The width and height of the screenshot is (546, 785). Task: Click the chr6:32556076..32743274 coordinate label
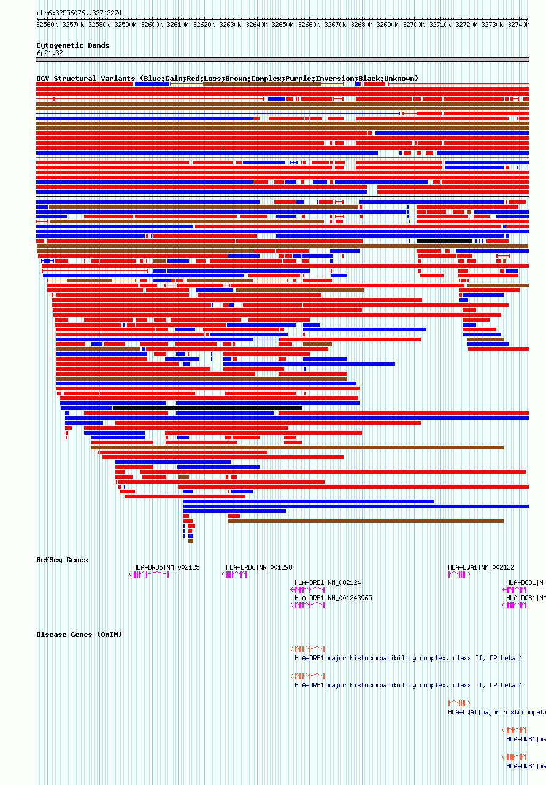click(79, 13)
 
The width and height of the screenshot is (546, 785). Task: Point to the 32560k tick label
click(47, 25)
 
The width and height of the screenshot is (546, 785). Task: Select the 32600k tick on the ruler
click(152, 25)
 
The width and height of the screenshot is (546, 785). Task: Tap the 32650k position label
click(283, 25)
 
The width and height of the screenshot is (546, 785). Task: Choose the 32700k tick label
click(414, 25)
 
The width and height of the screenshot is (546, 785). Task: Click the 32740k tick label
click(518, 25)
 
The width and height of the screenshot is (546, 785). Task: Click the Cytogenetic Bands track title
click(72, 45)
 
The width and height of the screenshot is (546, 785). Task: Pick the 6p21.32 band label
click(50, 53)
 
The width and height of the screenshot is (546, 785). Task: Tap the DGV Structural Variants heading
click(227, 79)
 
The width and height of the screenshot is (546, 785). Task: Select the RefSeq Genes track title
click(62, 560)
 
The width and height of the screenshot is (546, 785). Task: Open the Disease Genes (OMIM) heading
click(79, 635)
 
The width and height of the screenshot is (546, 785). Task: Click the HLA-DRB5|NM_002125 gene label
click(166, 567)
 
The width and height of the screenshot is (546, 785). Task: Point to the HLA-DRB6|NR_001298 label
click(259, 567)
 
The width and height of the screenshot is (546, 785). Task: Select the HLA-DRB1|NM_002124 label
click(328, 582)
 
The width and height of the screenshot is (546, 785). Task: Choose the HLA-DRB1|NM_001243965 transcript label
click(333, 598)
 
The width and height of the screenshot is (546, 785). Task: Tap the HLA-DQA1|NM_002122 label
click(481, 567)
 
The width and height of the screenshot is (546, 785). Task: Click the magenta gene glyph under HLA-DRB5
click(149, 574)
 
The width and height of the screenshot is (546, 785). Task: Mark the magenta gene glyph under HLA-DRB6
click(236, 574)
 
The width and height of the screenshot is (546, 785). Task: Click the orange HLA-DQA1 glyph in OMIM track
click(459, 703)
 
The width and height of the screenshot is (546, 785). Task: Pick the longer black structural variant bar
click(207, 408)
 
